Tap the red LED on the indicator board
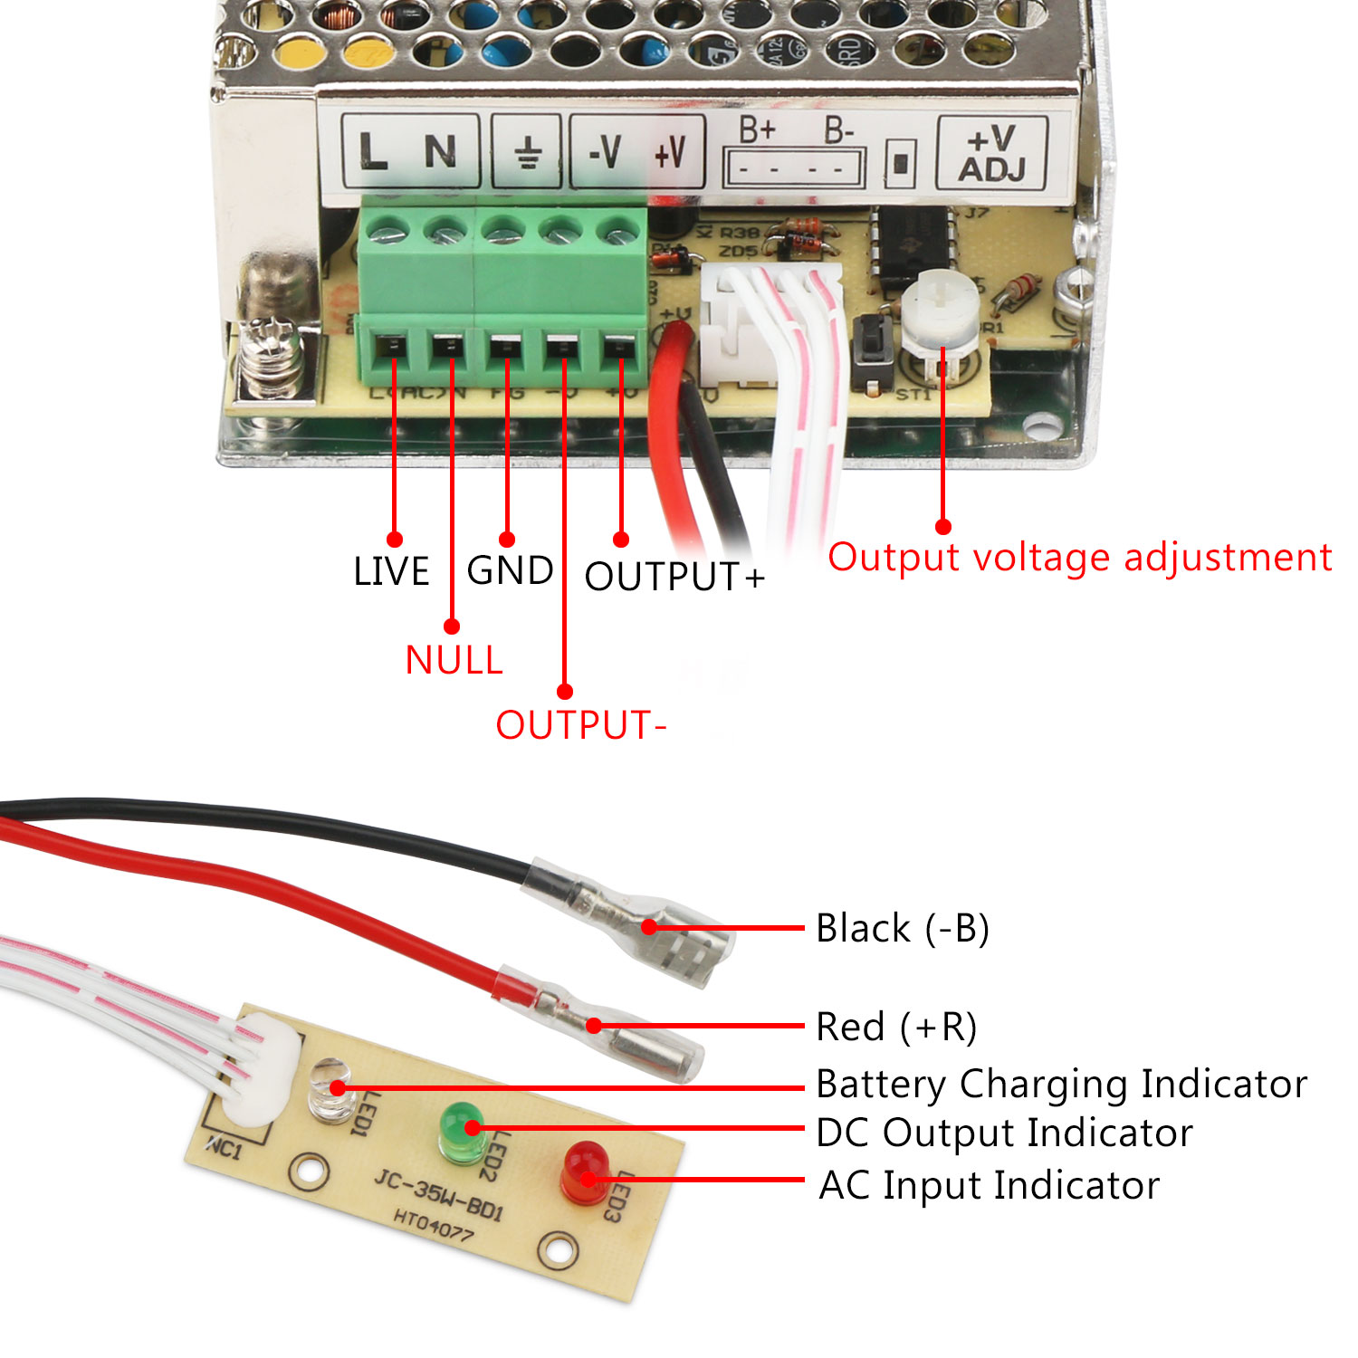(x=584, y=1172)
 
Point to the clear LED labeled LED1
(x=330, y=1091)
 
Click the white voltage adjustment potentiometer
(x=942, y=312)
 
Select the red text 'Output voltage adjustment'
(x=1079, y=558)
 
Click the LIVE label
(x=391, y=572)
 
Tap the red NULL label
(x=454, y=661)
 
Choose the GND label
(x=510, y=571)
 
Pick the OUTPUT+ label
(x=674, y=577)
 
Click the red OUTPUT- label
(x=580, y=725)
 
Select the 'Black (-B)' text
(x=902, y=929)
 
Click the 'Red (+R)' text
(x=896, y=1028)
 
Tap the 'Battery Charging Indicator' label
(x=1061, y=1084)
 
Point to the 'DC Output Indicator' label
(x=1004, y=1133)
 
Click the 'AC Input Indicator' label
(x=989, y=1185)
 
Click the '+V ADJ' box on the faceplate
(x=992, y=154)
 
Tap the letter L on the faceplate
(x=372, y=152)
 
